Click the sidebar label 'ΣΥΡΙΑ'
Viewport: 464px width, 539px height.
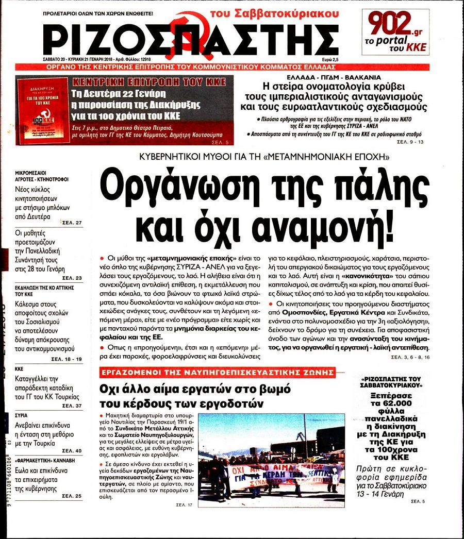(22, 415)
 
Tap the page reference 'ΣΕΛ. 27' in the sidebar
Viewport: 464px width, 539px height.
(72, 223)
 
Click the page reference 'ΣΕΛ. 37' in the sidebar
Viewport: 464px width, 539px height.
(72, 406)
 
